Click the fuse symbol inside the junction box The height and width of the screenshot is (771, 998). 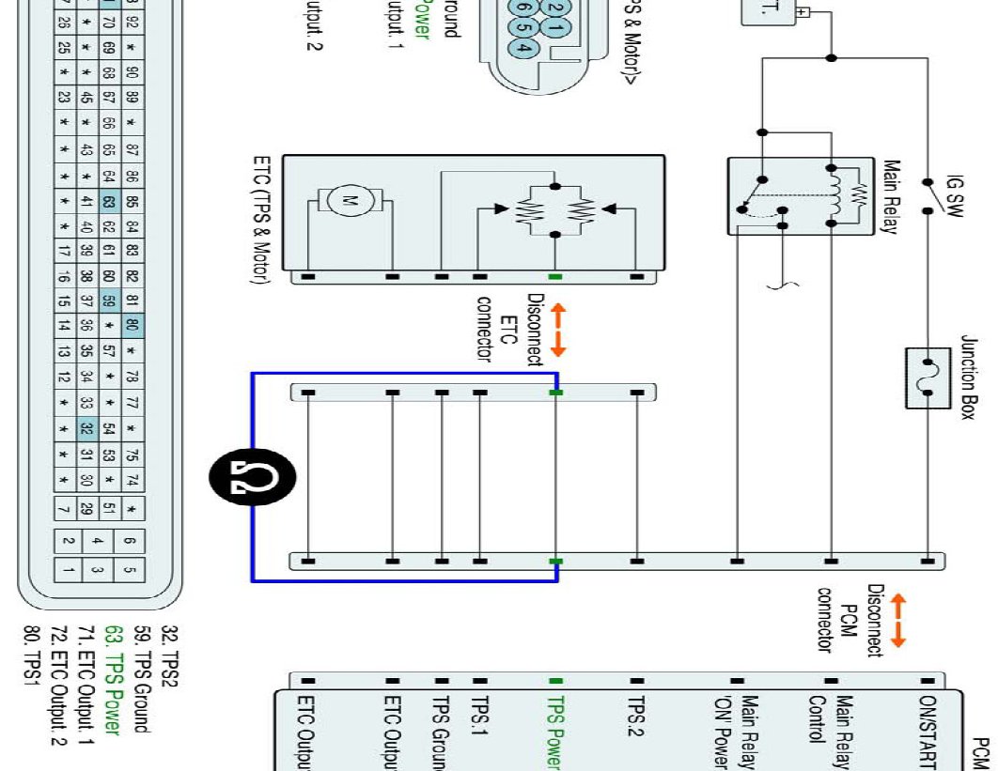[x=928, y=378]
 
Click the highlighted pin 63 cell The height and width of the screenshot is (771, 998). [x=109, y=201]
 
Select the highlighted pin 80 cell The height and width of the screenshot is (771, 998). [x=133, y=327]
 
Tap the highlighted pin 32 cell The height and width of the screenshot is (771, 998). [x=86, y=429]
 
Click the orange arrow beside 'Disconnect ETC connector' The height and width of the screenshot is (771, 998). [x=557, y=330]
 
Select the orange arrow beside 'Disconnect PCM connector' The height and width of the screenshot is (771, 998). [x=897, y=620]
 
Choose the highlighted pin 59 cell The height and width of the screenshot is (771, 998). [x=109, y=302]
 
